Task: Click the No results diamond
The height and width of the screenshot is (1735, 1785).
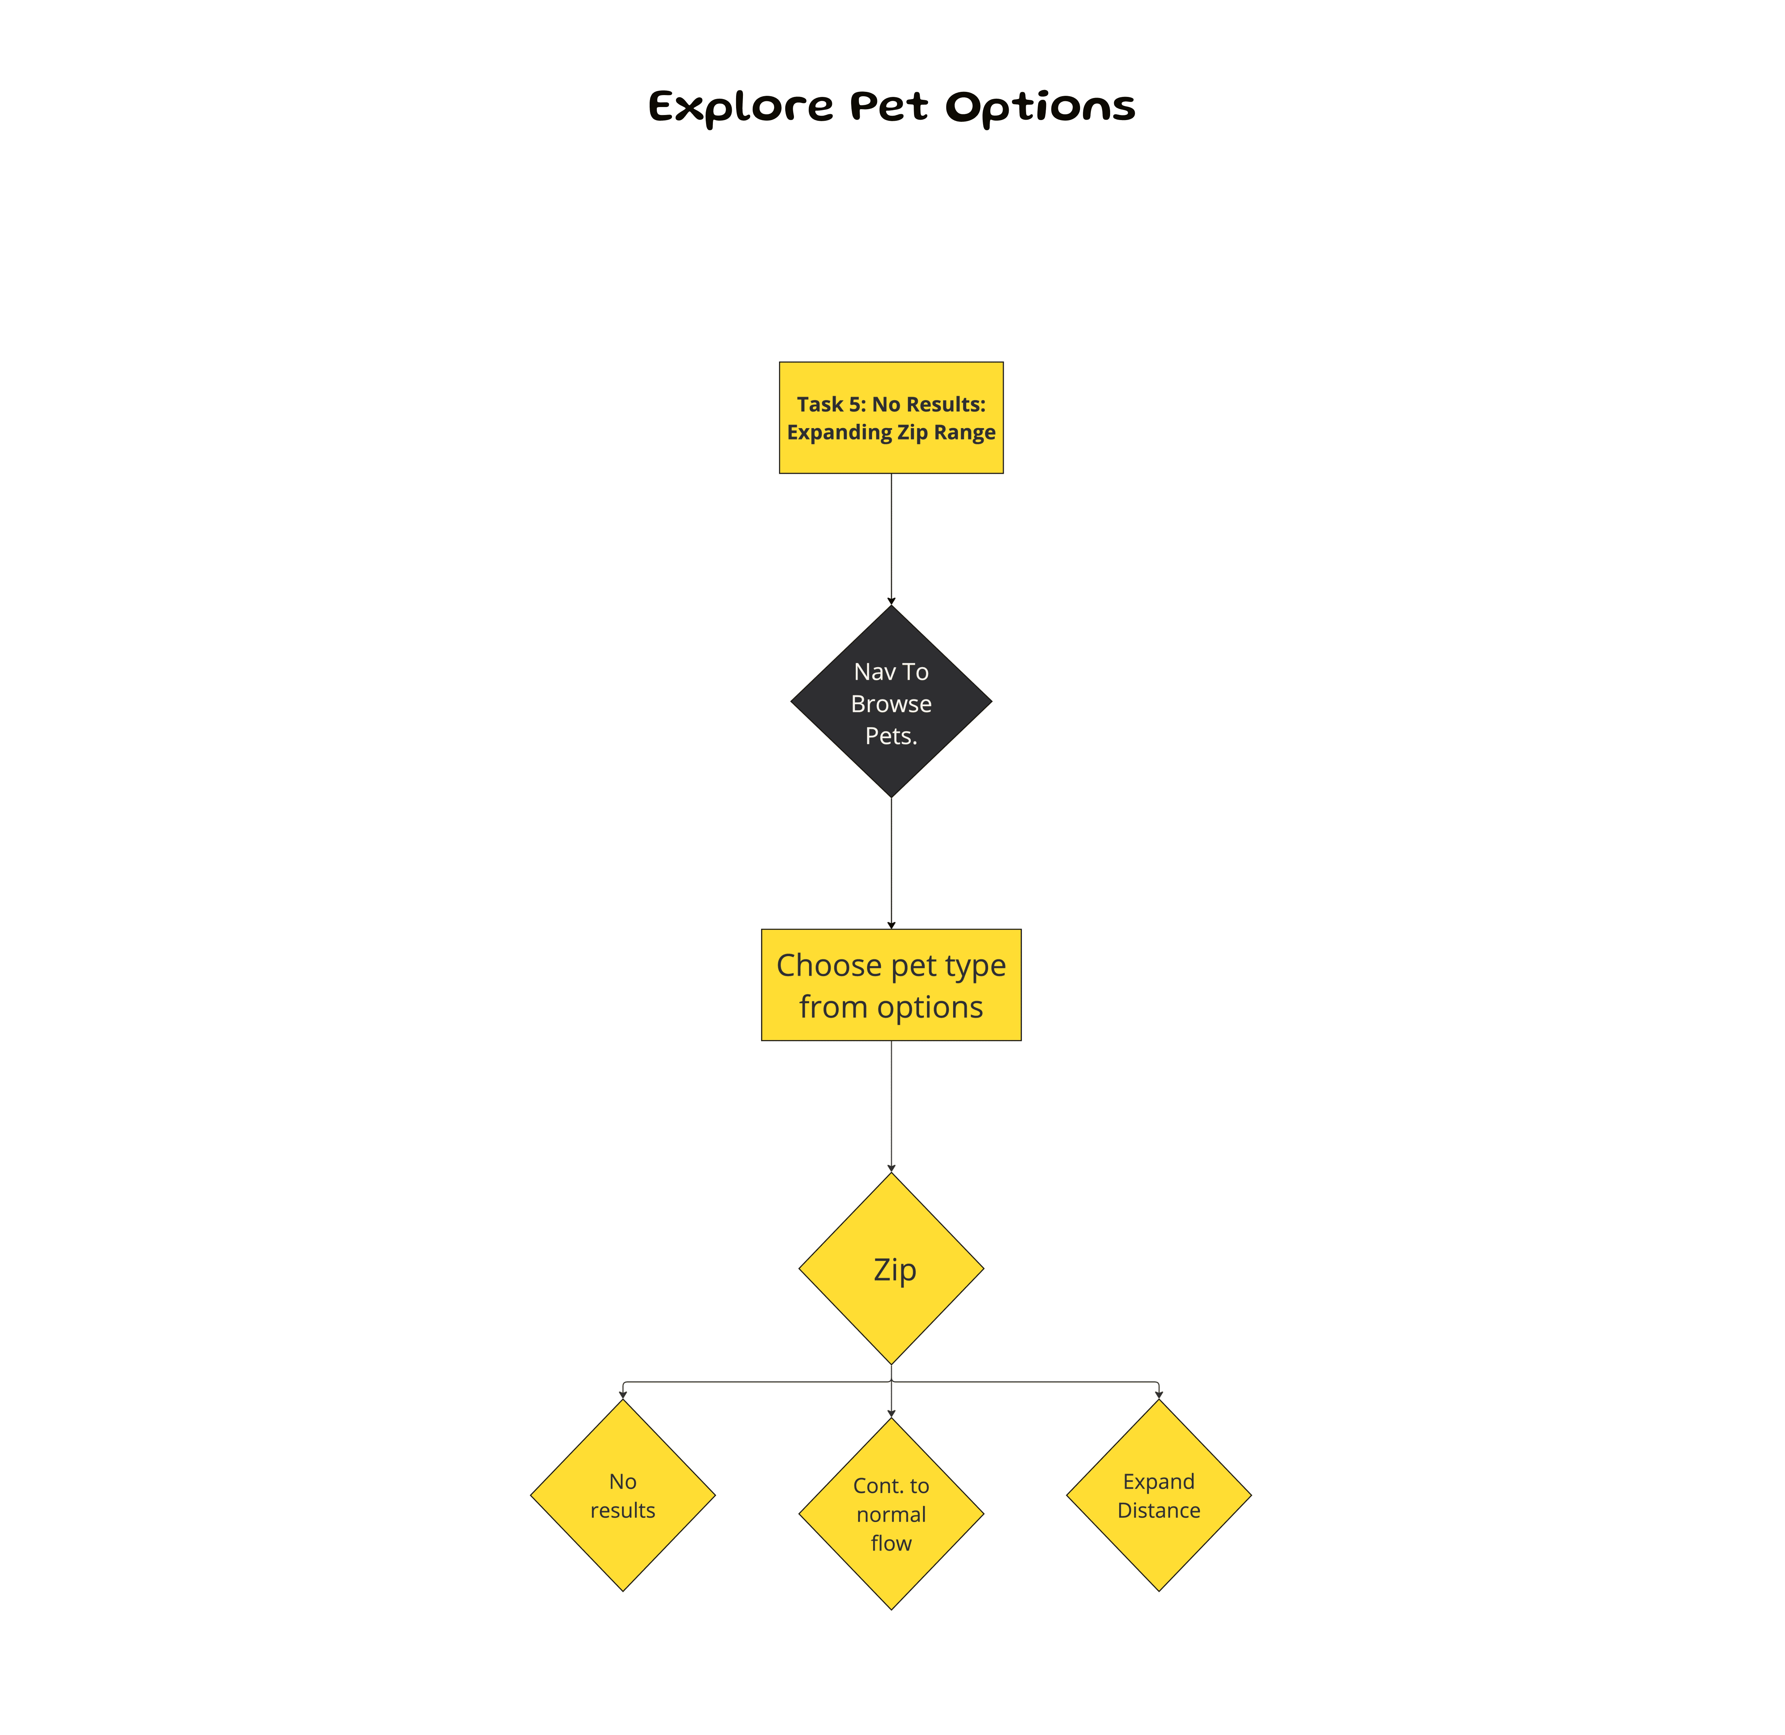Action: click(x=622, y=1496)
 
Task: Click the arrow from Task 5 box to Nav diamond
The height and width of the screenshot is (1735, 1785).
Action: click(x=891, y=538)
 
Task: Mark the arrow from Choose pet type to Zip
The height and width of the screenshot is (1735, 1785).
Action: click(x=891, y=1104)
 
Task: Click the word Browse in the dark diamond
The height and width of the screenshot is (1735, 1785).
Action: click(x=891, y=704)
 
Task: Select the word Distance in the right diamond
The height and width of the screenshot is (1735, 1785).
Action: click(x=1159, y=1511)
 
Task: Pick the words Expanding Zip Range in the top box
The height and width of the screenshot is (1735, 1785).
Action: click(x=891, y=433)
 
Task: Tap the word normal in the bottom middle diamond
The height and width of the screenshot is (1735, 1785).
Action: click(x=891, y=1514)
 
